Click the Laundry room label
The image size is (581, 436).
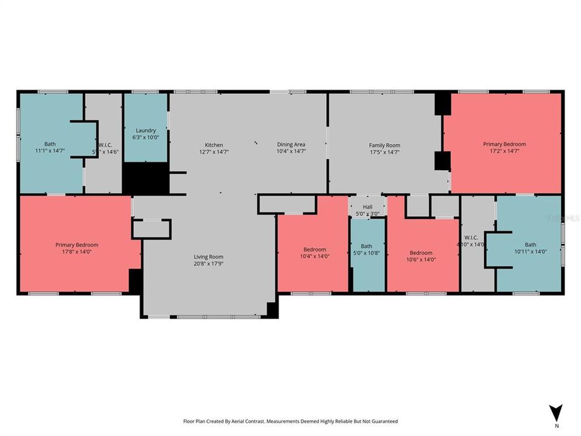(146, 130)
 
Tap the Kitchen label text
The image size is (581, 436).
(214, 145)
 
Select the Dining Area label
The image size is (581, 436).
(291, 145)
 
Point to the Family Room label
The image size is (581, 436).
(384, 145)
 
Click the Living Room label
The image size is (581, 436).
(208, 256)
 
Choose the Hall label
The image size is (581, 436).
(367, 206)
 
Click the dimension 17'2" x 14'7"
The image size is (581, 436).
(504, 151)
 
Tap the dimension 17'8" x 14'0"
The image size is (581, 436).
(76, 252)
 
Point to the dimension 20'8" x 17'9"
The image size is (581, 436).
(208, 263)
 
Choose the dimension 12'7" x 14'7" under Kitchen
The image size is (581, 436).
(214, 152)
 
